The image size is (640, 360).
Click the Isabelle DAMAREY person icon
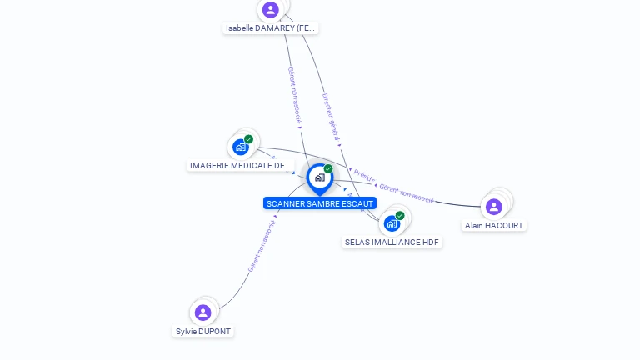click(x=270, y=10)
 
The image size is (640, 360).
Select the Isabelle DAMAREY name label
click(x=271, y=27)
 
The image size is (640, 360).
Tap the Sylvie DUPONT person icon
click(x=202, y=312)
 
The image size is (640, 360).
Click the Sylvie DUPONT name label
click(x=203, y=331)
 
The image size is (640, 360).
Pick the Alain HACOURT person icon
click(x=494, y=207)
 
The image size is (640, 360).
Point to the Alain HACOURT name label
click(x=495, y=225)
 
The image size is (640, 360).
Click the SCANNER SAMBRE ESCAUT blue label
click(x=320, y=203)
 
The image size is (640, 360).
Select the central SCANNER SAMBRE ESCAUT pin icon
click(x=319, y=177)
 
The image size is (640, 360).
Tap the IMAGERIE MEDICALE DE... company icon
click(x=241, y=147)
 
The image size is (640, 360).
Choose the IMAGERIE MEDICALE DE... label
click(x=240, y=165)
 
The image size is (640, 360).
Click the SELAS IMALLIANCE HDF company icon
click(x=392, y=223)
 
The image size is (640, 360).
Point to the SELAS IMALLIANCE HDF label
click(x=392, y=242)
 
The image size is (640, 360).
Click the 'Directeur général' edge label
click(x=331, y=116)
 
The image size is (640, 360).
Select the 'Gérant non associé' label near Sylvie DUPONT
click(x=262, y=245)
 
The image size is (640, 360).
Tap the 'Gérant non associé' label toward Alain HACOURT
click(x=407, y=193)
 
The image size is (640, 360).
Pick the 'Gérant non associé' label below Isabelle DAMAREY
click(x=294, y=95)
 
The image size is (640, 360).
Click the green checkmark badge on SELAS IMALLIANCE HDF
click(x=400, y=216)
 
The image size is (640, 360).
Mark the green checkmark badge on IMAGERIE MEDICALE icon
click(x=248, y=139)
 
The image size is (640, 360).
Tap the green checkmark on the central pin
click(x=328, y=169)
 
